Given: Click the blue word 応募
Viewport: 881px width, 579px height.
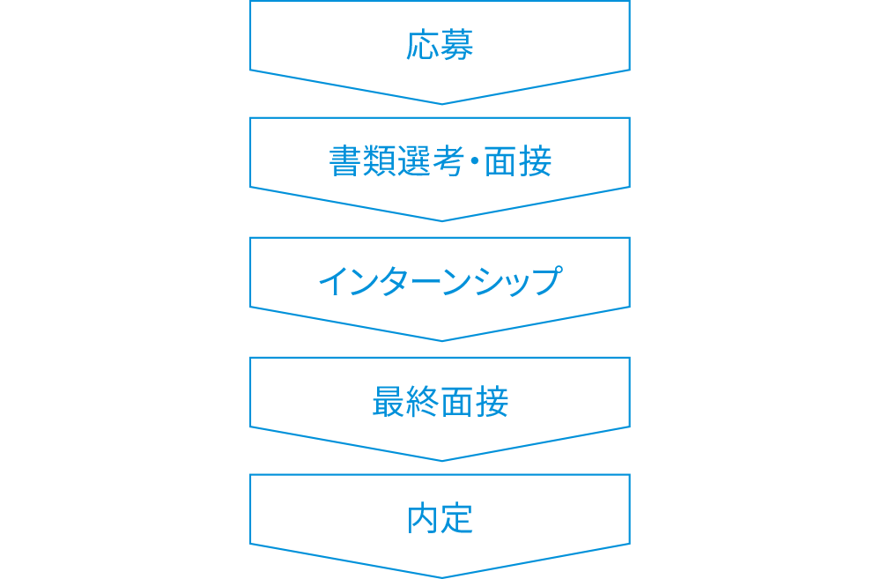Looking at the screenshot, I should pyautogui.click(x=440, y=44).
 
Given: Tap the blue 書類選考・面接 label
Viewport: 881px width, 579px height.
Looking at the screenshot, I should pyautogui.click(x=440, y=162).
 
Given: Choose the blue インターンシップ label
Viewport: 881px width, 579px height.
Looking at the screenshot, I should pyautogui.click(x=440, y=281).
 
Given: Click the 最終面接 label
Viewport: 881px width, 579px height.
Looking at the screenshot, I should pyautogui.click(x=440, y=403).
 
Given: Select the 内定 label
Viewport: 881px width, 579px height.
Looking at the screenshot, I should pyautogui.click(x=440, y=519).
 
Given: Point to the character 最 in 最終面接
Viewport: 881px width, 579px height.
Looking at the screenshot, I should pyautogui.click(x=389, y=403).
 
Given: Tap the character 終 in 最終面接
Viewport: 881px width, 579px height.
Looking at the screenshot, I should pyautogui.click(x=423, y=403).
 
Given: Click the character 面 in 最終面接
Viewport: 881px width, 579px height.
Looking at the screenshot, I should pyautogui.click(x=458, y=403).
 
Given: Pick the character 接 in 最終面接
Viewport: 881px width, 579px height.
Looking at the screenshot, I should pyautogui.click(x=492, y=403).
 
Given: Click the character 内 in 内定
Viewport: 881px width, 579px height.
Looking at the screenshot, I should pyautogui.click(x=424, y=519).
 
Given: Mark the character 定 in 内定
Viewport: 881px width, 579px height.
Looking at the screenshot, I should pyautogui.click(x=458, y=519).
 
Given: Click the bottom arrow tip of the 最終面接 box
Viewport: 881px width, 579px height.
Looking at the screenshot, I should pyautogui.click(x=441, y=460).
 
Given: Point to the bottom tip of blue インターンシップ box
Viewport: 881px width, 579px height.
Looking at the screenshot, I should pyautogui.click(x=441, y=340).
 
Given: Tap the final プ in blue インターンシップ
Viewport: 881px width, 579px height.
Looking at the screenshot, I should pyautogui.click(x=546, y=281).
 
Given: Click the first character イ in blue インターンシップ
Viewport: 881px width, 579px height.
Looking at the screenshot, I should pyautogui.click(x=333, y=281).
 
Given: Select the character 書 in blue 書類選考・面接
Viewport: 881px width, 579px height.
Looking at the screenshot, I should pyautogui.click(x=344, y=162).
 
